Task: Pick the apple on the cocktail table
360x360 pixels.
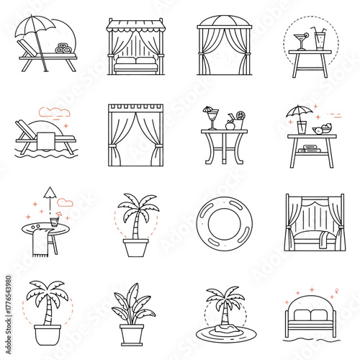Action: [230, 124]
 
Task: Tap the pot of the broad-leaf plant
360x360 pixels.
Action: [132, 335]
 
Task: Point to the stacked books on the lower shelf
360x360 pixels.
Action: [310, 149]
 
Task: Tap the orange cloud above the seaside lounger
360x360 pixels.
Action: [51, 111]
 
